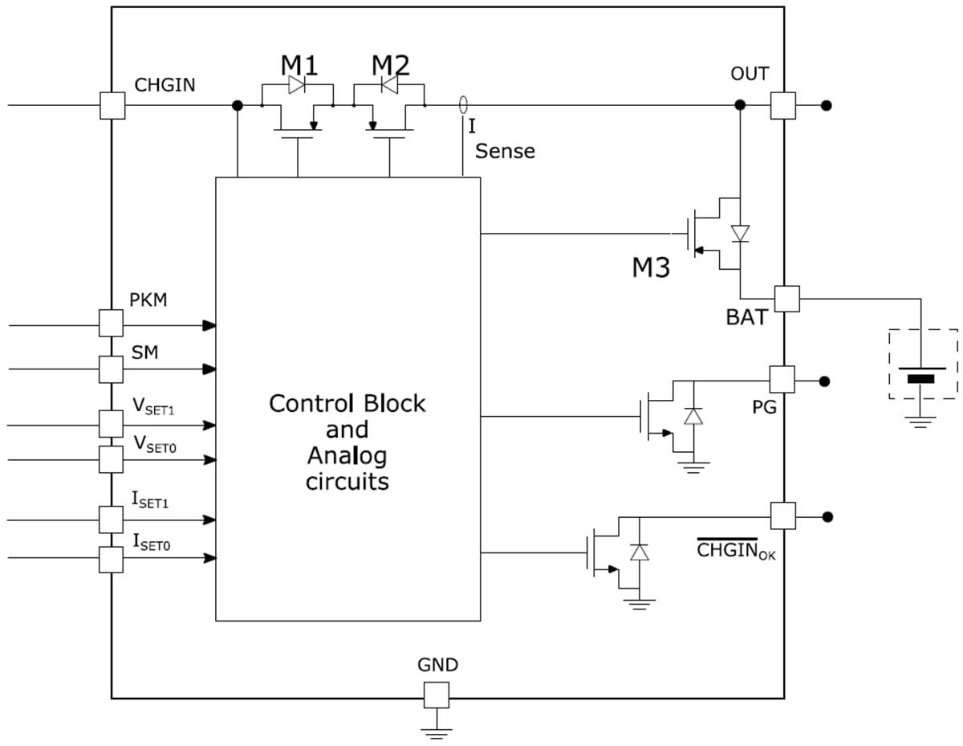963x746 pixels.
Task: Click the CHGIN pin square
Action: (x=112, y=106)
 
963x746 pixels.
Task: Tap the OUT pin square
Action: (x=782, y=105)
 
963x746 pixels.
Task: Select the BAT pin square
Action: (x=786, y=299)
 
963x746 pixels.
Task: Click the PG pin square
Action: (x=782, y=379)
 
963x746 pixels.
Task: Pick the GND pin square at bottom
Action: (x=437, y=695)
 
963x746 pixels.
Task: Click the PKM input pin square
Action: (x=111, y=323)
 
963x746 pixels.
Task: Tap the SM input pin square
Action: (x=111, y=369)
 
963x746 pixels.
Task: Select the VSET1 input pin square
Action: (x=111, y=422)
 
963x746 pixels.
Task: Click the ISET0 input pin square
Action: (x=111, y=560)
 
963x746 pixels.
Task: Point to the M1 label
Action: (x=299, y=64)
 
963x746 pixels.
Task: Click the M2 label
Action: (x=391, y=64)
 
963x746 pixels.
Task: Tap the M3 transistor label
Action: (x=650, y=267)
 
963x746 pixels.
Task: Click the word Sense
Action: (x=505, y=151)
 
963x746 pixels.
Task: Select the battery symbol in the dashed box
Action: (x=921, y=374)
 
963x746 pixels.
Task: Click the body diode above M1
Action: (x=297, y=84)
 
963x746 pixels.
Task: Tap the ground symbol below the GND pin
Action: (x=437, y=731)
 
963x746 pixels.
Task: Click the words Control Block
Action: (x=347, y=403)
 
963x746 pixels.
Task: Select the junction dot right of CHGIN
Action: (x=238, y=105)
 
